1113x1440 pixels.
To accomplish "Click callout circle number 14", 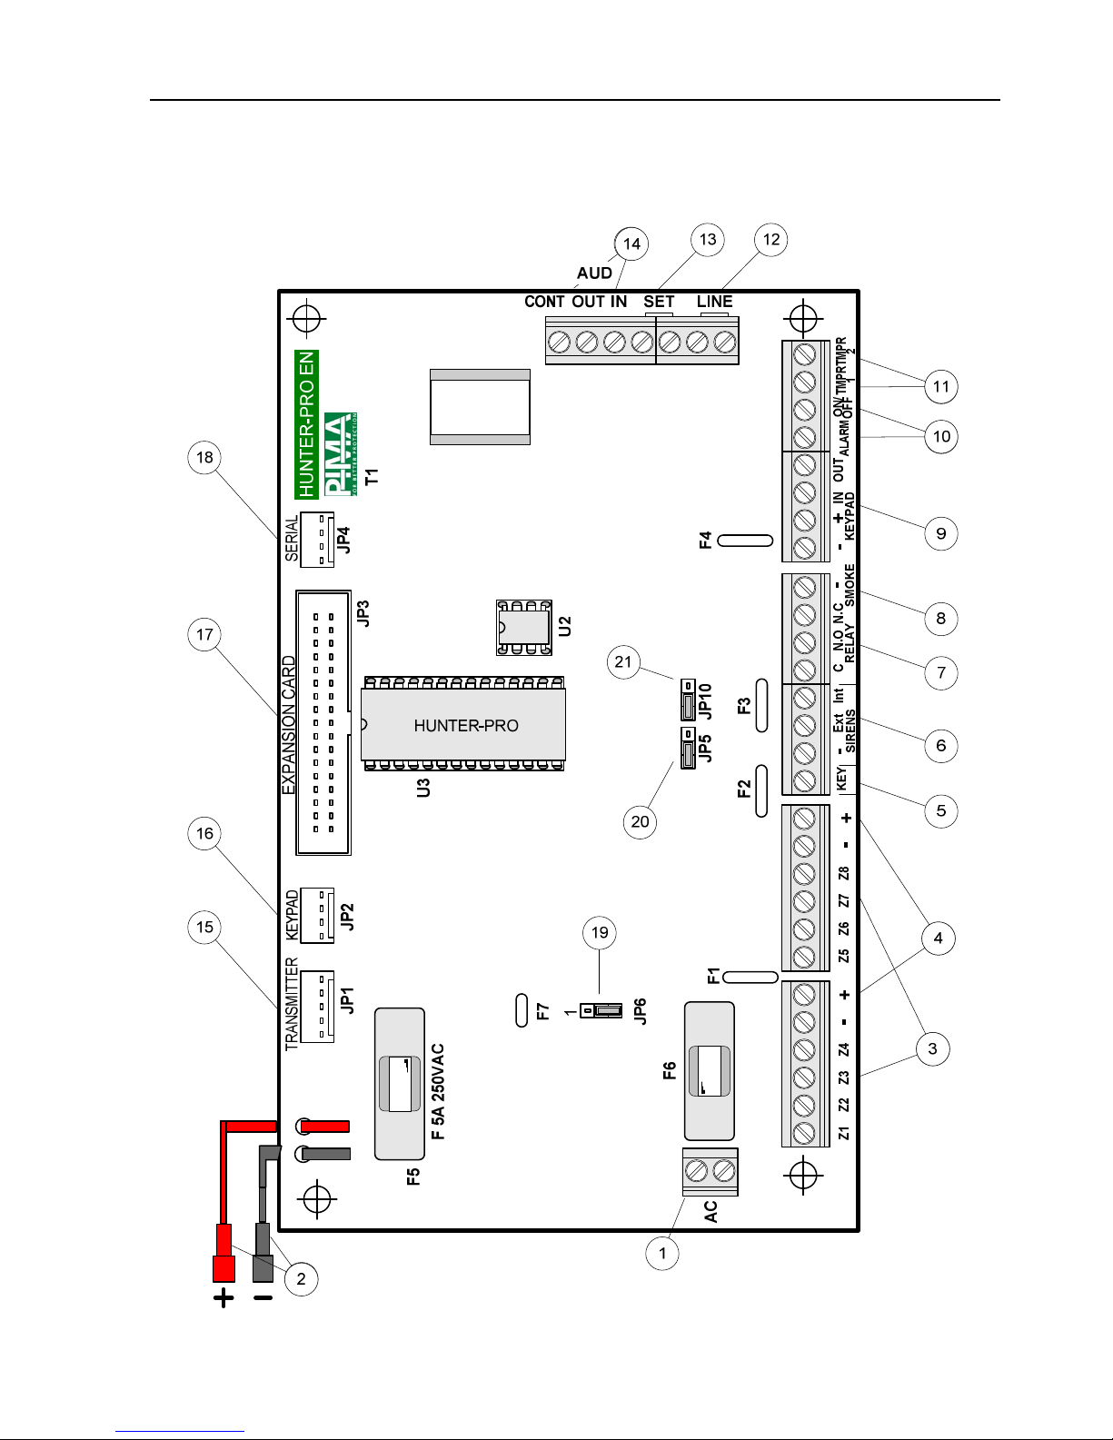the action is [x=631, y=243].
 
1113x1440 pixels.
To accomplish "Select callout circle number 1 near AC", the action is [x=662, y=1253].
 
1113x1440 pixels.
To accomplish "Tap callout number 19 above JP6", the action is [x=600, y=932].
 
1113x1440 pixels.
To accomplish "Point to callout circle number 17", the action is [x=205, y=634].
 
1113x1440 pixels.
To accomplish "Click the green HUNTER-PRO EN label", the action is [x=306, y=424].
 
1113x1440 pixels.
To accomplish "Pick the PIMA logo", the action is [x=340, y=453].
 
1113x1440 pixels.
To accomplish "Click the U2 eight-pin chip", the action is [x=524, y=627].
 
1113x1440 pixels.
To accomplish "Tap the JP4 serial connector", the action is [x=317, y=540].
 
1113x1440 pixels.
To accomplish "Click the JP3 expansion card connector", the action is [x=323, y=722].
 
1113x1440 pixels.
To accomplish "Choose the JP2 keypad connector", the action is [x=317, y=916].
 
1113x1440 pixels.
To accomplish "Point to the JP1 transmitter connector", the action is [x=317, y=1007].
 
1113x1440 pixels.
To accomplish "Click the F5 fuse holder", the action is [x=400, y=1083].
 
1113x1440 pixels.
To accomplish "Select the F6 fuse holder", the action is [x=709, y=1071].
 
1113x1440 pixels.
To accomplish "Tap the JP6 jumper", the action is [x=601, y=1010].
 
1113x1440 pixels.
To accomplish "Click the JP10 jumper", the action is [x=688, y=700].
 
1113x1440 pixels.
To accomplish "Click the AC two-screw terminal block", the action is [x=710, y=1172].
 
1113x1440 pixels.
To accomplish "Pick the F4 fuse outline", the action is [x=745, y=541].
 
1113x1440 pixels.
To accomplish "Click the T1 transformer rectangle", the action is [x=480, y=407].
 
